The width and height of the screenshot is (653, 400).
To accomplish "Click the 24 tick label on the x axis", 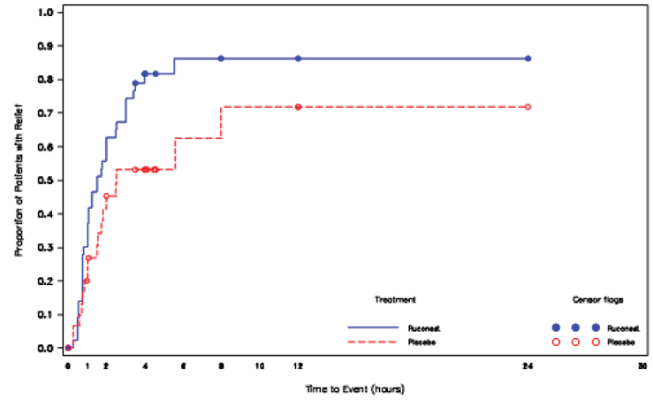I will point(528,365).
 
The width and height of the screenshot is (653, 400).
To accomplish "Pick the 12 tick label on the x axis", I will point(298,365).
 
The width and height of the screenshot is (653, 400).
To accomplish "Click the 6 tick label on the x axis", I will point(183,365).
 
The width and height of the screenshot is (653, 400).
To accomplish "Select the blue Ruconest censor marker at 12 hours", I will point(298,58).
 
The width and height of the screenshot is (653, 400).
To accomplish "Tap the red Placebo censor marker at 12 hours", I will point(298,107).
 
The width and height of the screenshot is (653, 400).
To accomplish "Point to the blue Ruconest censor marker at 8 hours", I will point(221,58).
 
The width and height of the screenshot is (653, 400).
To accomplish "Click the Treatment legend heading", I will point(395,300).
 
